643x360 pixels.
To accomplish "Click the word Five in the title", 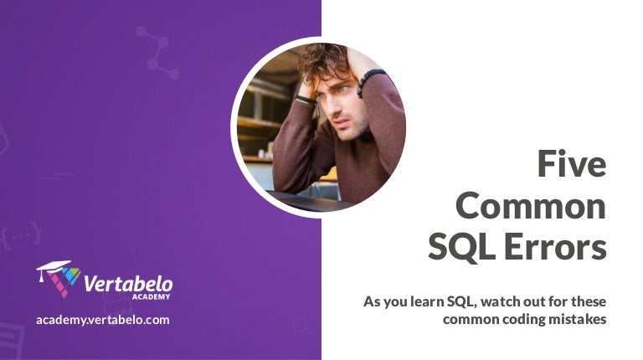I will tap(572, 163).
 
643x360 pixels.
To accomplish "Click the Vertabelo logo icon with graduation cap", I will tap(58, 278).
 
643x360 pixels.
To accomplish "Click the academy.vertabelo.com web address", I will tap(103, 320).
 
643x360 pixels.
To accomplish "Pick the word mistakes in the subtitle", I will tap(576, 319).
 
